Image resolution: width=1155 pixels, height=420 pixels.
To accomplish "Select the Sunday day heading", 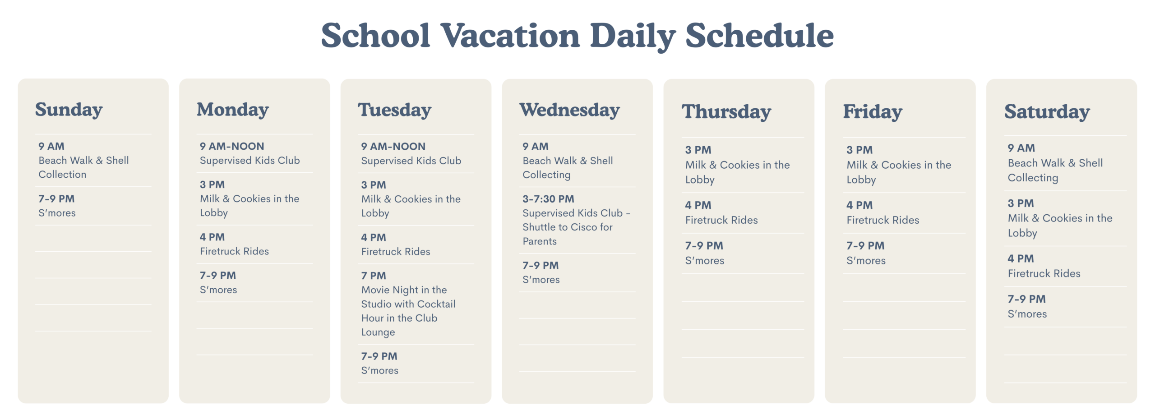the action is pyautogui.click(x=69, y=110).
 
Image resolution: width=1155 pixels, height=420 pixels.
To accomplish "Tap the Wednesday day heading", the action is pyautogui.click(x=570, y=110).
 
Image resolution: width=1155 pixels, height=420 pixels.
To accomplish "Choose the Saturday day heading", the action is pyautogui.click(x=1047, y=112).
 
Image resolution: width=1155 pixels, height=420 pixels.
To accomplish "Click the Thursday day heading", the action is pyautogui.click(x=726, y=112).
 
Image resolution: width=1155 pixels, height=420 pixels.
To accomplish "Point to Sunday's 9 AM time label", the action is pyautogui.click(x=51, y=146).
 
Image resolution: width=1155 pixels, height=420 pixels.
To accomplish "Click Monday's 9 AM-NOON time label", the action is pyautogui.click(x=232, y=146).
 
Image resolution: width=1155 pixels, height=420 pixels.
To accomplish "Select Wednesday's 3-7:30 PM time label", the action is pyautogui.click(x=548, y=199).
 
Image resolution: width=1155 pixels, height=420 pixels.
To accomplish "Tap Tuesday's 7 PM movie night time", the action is pyautogui.click(x=374, y=276).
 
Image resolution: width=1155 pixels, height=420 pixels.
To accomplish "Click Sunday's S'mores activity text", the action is pyautogui.click(x=57, y=213).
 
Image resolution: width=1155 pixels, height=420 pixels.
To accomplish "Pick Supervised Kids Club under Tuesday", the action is pyautogui.click(x=411, y=161).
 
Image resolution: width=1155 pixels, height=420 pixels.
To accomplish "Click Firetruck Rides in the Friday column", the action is pyautogui.click(x=883, y=220).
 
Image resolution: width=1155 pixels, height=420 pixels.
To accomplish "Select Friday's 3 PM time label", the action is pyautogui.click(x=859, y=150).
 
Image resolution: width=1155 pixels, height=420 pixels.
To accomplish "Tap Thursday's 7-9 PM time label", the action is pyautogui.click(x=704, y=246).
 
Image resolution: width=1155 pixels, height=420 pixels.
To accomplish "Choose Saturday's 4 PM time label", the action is pyautogui.click(x=1021, y=258).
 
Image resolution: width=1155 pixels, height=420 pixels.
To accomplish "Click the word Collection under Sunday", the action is pyautogui.click(x=62, y=175).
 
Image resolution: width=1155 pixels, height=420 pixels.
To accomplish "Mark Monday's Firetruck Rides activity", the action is pyautogui.click(x=234, y=251).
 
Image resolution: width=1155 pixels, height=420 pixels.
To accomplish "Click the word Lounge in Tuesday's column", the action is pyautogui.click(x=378, y=332).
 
